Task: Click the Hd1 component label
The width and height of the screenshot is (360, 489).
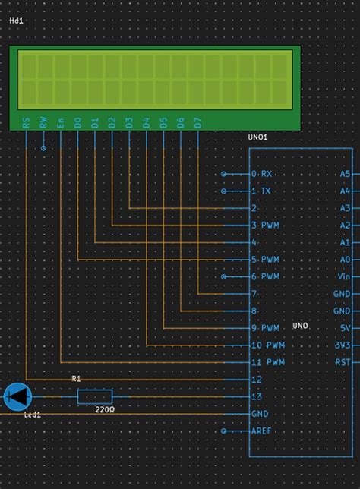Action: coord(16,21)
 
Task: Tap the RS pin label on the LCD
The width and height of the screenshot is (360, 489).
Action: coord(27,122)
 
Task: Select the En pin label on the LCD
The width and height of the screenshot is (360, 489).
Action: coord(61,122)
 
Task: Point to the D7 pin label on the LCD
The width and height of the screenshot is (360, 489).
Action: coord(197,122)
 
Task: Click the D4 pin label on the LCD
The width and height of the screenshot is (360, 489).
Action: coord(147,122)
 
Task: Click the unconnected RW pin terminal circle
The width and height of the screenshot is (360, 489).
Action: coord(43,148)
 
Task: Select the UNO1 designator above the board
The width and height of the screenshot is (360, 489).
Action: coord(258,137)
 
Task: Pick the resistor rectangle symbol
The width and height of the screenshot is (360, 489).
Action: coord(95,396)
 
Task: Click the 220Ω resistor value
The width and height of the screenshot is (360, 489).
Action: coord(105,409)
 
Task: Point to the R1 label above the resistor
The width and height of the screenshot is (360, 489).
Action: coord(76,378)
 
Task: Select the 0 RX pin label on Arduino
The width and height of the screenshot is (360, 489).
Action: coord(261,174)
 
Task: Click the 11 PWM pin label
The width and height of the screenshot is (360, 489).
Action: coord(267,362)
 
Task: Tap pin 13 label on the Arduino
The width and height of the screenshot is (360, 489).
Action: coord(256,396)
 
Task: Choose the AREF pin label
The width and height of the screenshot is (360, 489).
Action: coord(262,431)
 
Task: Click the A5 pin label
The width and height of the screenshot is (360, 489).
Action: coord(345,174)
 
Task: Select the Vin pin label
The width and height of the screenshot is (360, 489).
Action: coord(344,276)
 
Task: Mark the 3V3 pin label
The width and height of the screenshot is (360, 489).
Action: coord(343,345)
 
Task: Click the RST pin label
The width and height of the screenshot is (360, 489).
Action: coord(343,362)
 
